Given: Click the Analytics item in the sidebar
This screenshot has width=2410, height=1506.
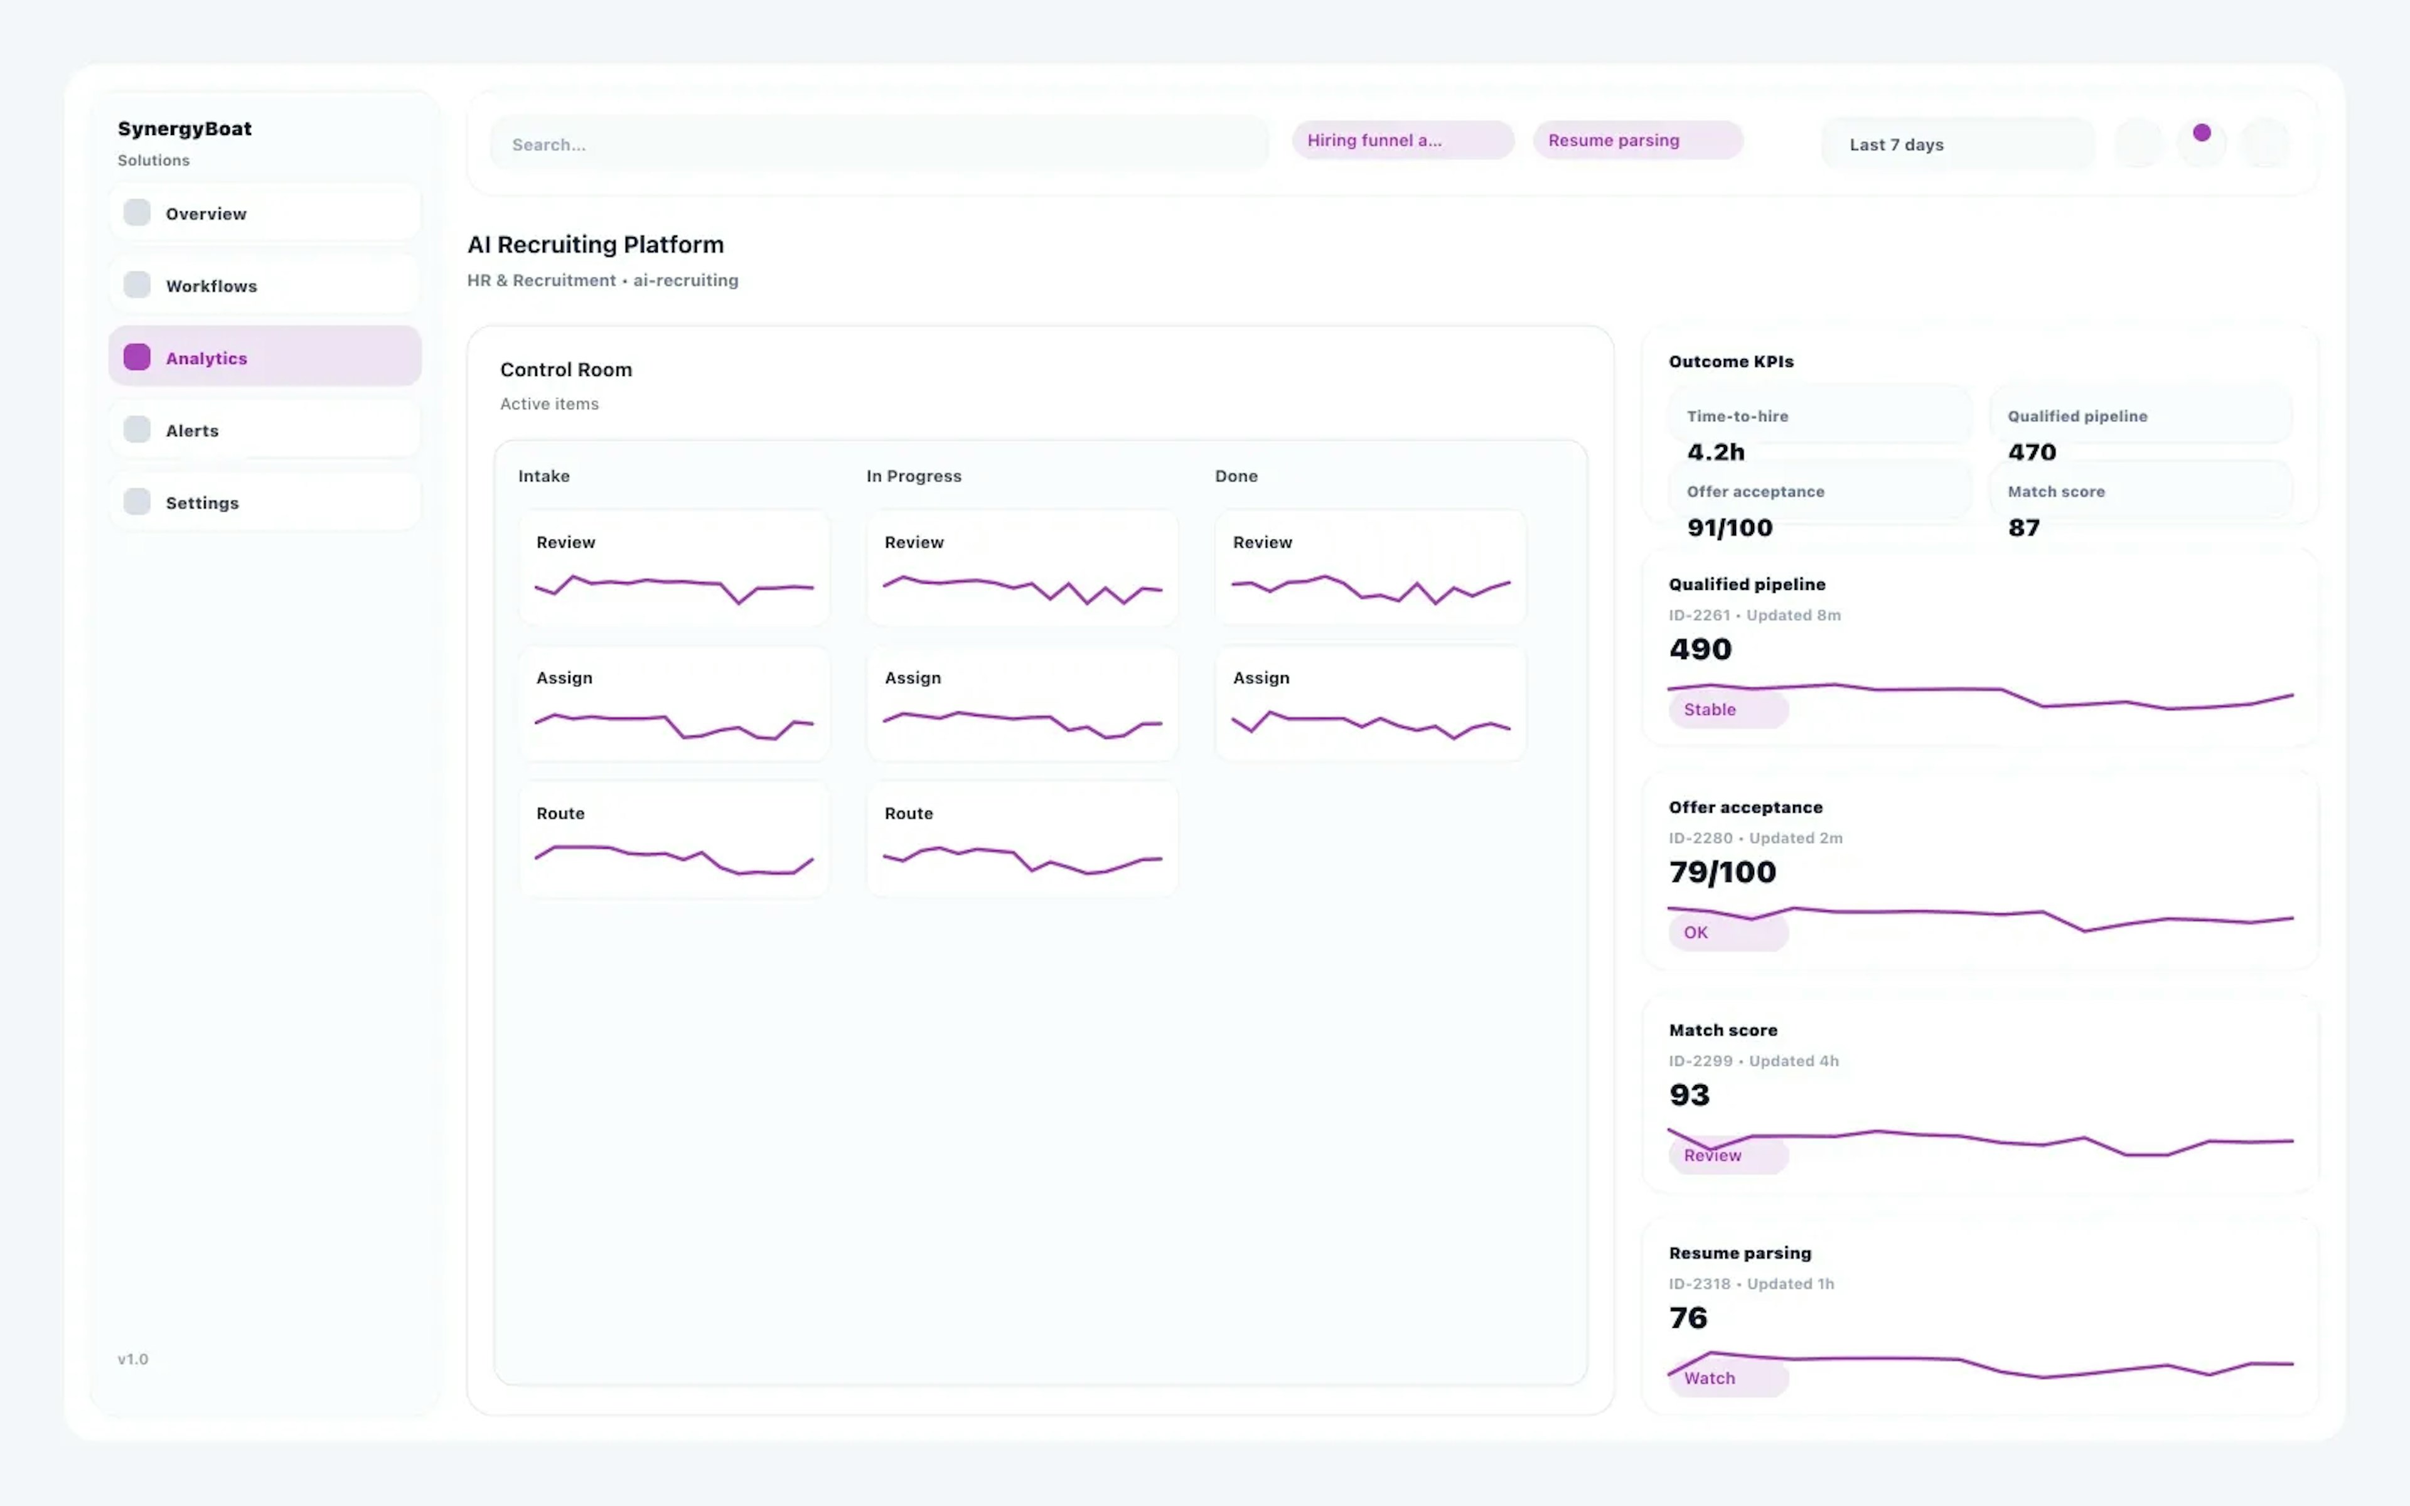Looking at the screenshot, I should pyautogui.click(x=264, y=356).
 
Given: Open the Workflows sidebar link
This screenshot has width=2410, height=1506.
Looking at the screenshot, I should pyautogui.click(x=264, y=285).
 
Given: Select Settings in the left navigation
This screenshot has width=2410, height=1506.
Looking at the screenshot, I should pyautogui.click(x=264, y=502).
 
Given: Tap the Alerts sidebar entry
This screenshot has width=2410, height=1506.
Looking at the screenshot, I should pyautogui.click(x=264, y=429).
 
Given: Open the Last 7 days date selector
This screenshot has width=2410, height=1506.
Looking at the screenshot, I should pyautogui.click(x=1957, y=144).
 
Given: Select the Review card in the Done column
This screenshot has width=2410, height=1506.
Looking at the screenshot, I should pyautogui.click(x=1369, y=568).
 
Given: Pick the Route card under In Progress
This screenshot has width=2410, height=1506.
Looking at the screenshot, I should pyautogui.click(x=1022, y=839).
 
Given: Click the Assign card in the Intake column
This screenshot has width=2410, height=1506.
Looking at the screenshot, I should pyautogui.click(x=674, y=703).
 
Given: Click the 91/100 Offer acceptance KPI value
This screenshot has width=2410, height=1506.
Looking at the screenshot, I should pyautogui.click(x=1729, y=528).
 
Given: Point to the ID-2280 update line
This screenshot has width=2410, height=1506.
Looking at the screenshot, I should pyautogui.click(x=1755, y=838).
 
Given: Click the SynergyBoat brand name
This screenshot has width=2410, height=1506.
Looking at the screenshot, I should pyautogui.click(x=185, y=129).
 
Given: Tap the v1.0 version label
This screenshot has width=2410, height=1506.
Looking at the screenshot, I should pyautogui.click(x=132, y=1359).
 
